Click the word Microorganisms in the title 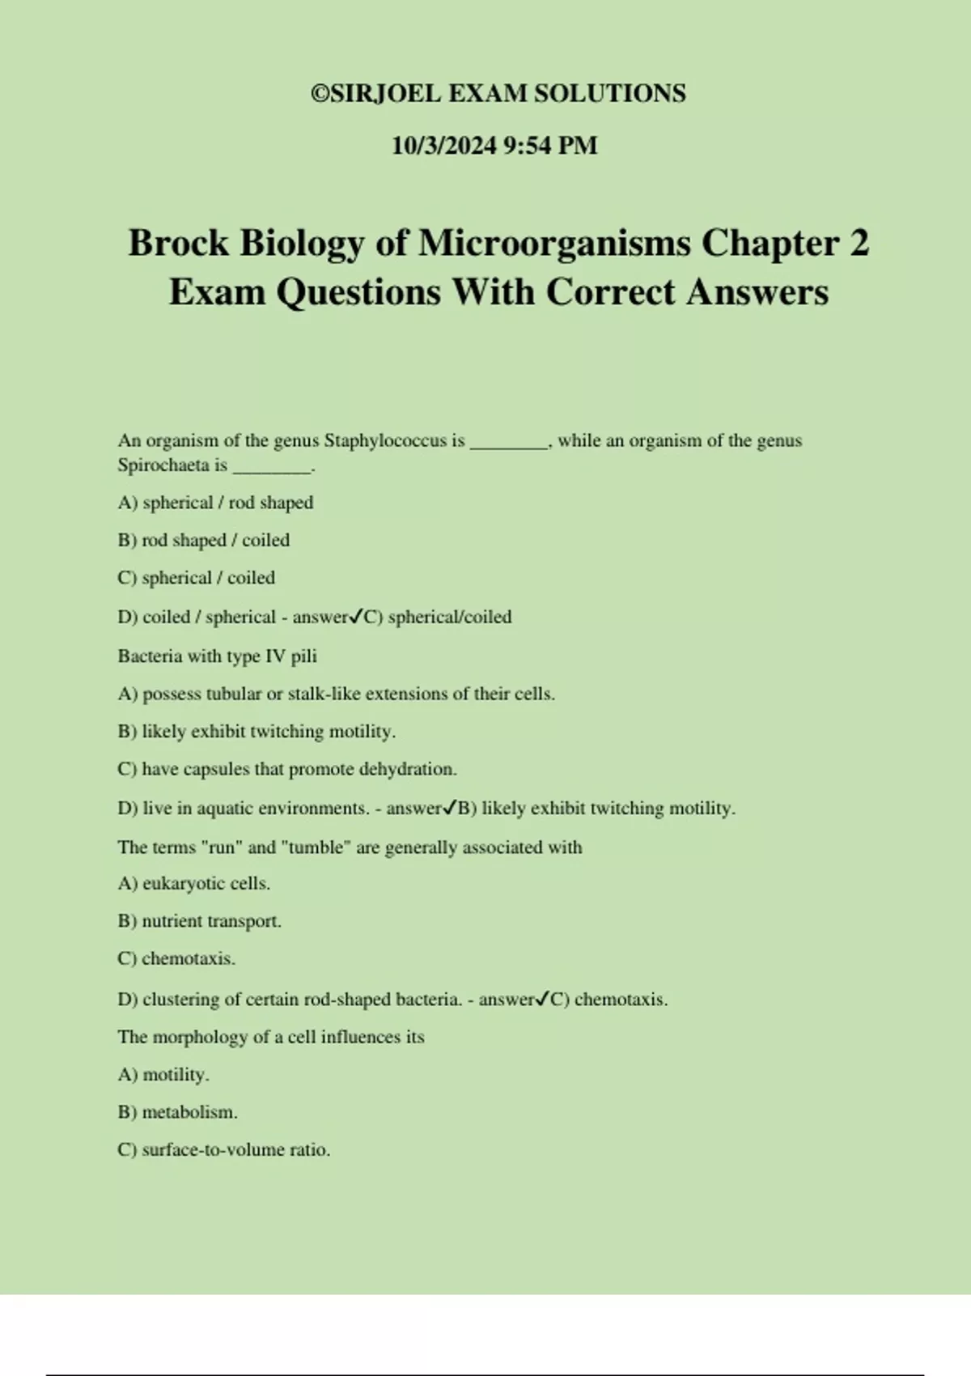tap(553, 244)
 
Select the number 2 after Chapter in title tap(859, 244)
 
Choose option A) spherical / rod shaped tap(215, 503)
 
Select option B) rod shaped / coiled tap(203, 540)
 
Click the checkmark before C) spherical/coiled tap(356, 618)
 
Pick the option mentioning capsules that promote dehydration tap(287, 769)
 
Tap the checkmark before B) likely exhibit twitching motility tap(450, 809)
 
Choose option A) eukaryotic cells tap(194, 884)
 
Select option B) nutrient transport tap(199, 921)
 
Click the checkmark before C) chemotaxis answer tap(543, 1000)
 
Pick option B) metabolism tap(177, 1112)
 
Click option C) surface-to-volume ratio tap(224, 1149)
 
